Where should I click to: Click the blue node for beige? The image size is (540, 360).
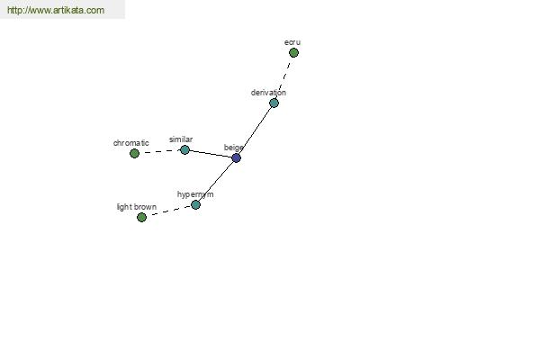click(x=236, y=158)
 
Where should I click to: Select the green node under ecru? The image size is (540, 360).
click(x=293, y=53)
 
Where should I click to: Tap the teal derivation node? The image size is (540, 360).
click(x=274, y=103)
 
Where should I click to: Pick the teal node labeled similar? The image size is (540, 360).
click(x=184, y=150)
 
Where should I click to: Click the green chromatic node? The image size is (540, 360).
click(x=135, y=153)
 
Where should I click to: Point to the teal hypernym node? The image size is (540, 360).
click(x=195, y=205)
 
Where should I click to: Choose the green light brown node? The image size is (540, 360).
click(x=141, y=218)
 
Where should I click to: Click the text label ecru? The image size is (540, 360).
click(x=292, y=42)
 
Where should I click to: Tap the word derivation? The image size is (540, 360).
click(x=268, y=93)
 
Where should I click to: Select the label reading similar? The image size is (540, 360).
click(x=181, y=139)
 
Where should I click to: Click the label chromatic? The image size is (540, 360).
click(x=131, y=143)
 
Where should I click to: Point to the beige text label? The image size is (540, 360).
click(x=234, y=148)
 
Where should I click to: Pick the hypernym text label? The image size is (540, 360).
click(x=195, y=194)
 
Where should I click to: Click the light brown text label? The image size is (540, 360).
click(x=137, y=207)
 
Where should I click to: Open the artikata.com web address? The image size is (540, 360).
click(x=56, y=10)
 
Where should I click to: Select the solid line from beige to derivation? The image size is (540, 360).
click(x=255, y=130)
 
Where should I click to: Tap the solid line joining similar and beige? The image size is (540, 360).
click(x=211, y=154)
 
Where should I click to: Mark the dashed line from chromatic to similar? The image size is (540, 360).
click(x=160, y=151)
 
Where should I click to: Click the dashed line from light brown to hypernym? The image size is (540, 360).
click(x=169, y=211)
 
